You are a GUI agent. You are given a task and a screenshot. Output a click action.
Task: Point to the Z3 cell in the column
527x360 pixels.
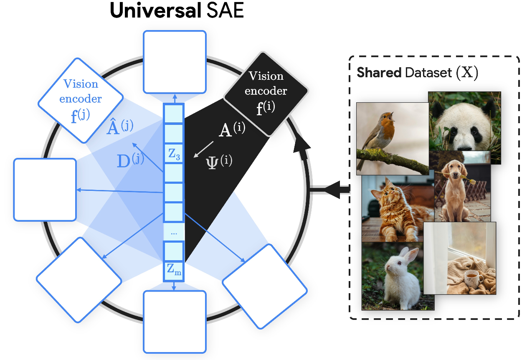(174, 155)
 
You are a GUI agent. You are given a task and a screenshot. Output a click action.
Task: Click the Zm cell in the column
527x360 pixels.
(174, 271)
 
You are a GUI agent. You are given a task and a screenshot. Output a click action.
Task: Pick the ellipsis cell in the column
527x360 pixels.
(174, 232)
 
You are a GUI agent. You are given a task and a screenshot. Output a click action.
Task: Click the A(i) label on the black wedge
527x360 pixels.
(232, 130)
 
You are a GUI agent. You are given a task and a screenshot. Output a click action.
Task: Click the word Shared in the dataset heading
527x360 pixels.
(378, 73)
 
